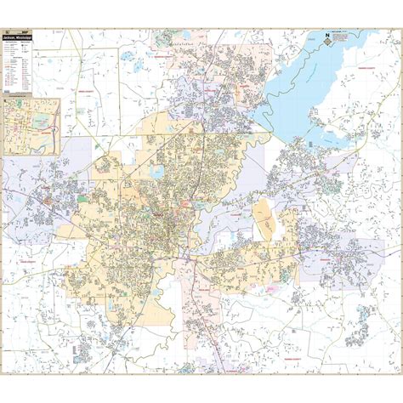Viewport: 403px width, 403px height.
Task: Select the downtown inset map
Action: point(31,125)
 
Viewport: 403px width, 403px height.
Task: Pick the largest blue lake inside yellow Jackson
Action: point(156,173)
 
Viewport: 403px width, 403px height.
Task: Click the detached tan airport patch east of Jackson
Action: point(264,221)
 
